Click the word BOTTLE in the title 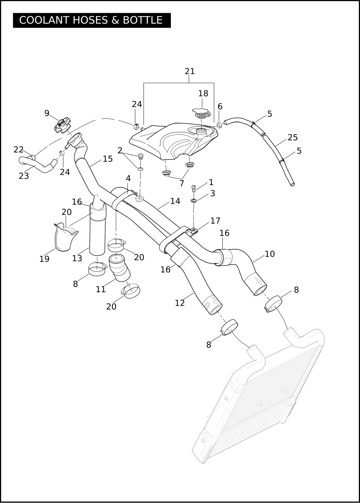point(142,20)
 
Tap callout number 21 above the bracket point(190,71)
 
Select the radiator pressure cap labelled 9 point(61,125)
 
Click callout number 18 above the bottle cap point(203,93)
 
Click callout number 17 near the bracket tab point(215,221)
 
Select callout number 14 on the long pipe point(176,201)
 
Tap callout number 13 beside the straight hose point(77,259)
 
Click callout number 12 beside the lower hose point(180,303)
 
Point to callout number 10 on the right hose point(270,254)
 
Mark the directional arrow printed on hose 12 point(216,301)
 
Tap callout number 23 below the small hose point(24,176)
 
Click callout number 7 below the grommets point(182,183)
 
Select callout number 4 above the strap point(128,178)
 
